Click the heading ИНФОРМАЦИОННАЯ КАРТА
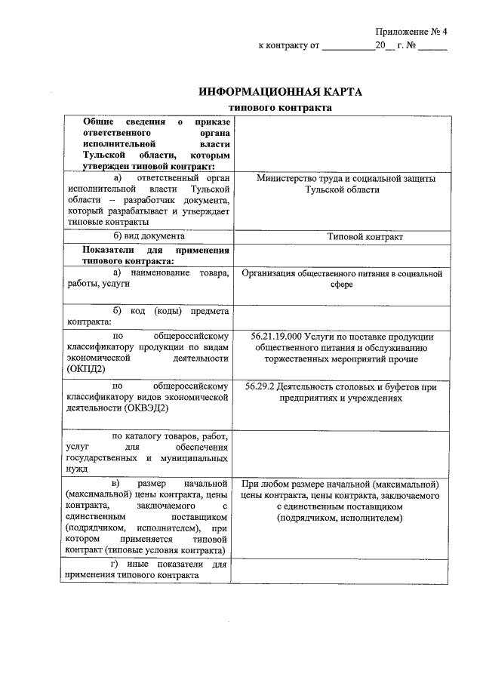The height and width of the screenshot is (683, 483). (x=280, y=92)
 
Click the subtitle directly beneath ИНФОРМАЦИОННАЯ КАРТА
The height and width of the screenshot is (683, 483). (x=280, y=109)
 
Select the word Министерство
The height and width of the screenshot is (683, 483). (x=287, y=179)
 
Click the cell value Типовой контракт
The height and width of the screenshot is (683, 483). (x=365, y=237)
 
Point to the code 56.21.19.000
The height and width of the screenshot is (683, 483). (x=275, y=336)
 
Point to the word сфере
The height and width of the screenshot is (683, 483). (x=341, y=287)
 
